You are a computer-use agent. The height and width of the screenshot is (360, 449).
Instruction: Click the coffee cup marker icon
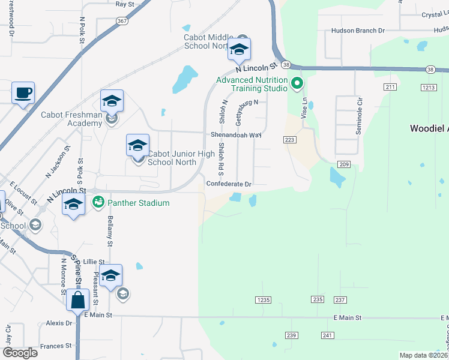pos(23,93)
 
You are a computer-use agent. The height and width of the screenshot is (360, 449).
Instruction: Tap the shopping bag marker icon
pos(79,299)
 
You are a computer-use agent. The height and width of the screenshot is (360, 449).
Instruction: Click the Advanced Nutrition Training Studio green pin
pos(296,83)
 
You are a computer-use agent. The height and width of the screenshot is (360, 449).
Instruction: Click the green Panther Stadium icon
pos(97,203)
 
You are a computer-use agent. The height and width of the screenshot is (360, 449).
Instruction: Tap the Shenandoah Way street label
pos(236,135)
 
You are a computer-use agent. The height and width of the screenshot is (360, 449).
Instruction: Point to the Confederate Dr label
pos(229,184)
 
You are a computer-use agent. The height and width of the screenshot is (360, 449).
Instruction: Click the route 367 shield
pos(122,21)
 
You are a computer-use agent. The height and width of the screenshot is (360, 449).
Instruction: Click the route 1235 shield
pos(264,299)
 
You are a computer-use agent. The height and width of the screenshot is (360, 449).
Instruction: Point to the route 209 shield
pos(344,164)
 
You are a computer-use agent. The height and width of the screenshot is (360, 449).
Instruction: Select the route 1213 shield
pos(428,88)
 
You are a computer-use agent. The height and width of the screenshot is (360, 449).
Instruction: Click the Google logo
pos(20,353)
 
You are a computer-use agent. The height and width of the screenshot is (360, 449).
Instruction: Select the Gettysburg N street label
pos(247,112)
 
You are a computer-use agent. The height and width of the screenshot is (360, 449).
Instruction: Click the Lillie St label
pos(94,262)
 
